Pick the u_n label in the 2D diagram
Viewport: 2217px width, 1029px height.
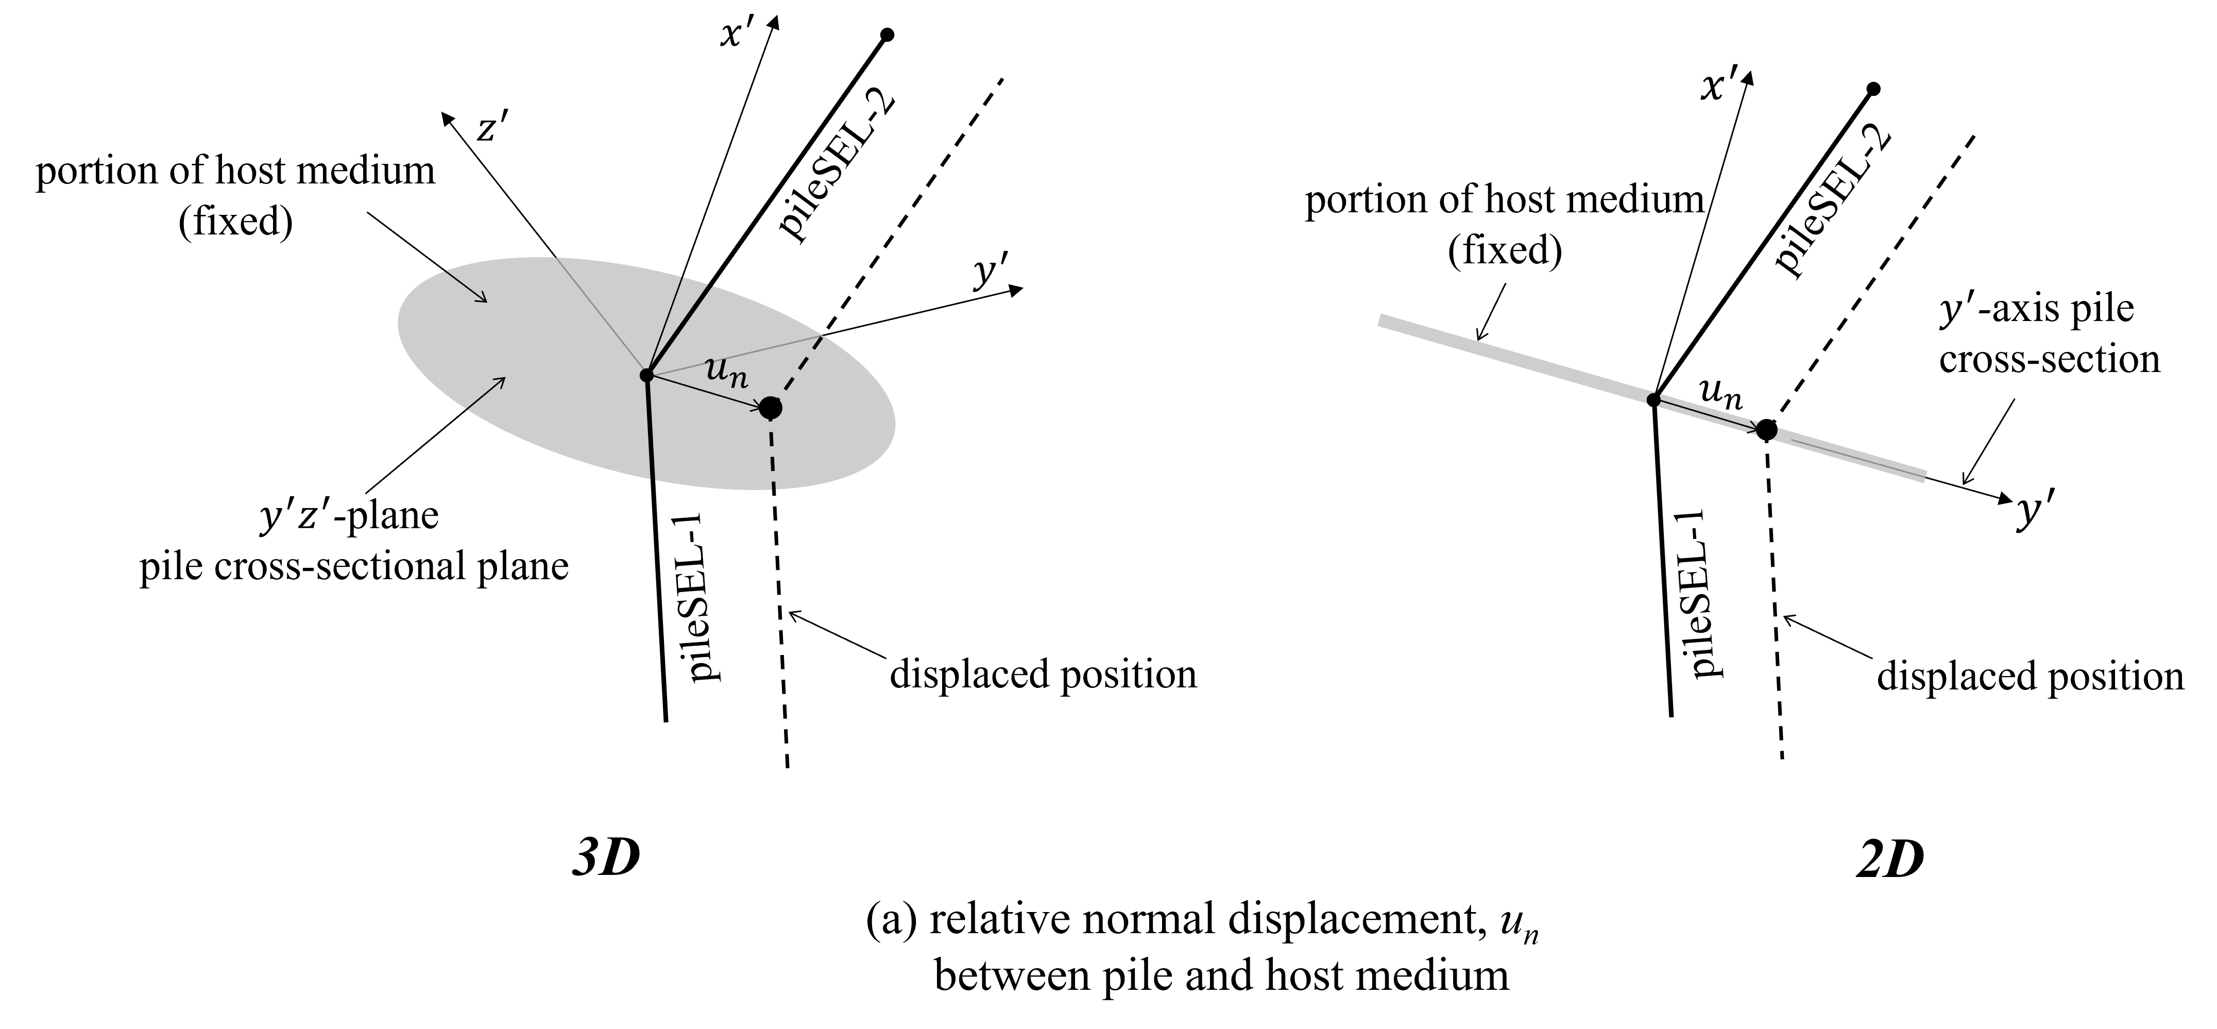(x=1722, y=394)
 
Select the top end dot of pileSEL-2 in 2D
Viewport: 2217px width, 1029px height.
(x=1873, y=89)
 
